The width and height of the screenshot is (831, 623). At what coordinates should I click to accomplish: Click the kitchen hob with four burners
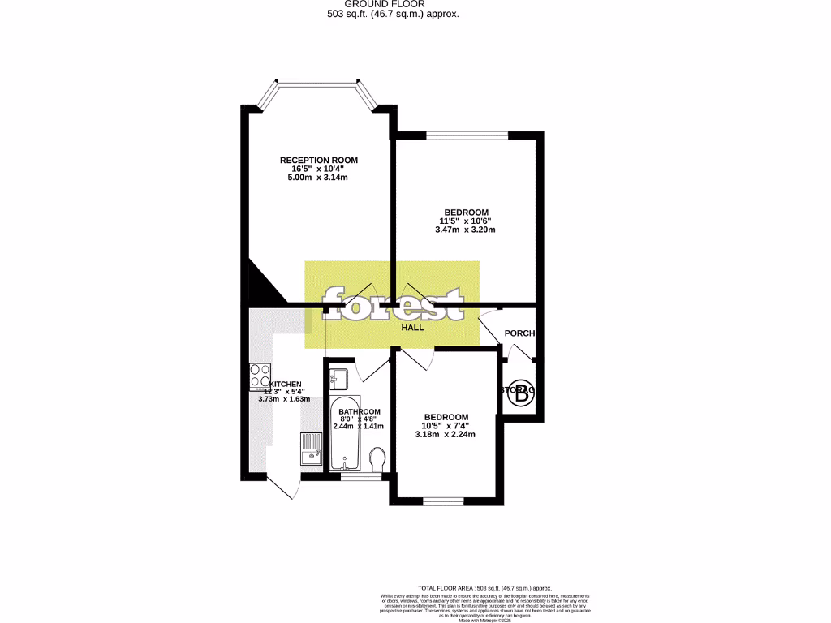(x=260, y=376)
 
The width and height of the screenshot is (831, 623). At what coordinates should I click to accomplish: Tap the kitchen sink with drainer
(x=312, y=450)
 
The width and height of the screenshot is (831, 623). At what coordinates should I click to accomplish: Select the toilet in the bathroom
(x=377, y=459)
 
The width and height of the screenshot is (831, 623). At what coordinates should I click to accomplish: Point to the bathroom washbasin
(x=339, y=378)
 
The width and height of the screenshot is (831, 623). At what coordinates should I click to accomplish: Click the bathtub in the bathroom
(x=345, y=434)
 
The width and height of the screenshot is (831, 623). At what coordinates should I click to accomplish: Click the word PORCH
(x=519, y=333)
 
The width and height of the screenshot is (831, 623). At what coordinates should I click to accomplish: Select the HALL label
(x=413, y=328)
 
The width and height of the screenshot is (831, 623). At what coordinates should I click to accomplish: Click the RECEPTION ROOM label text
(x=318, y=160)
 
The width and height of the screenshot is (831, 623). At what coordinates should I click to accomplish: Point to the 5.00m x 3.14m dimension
(x=318, y=178)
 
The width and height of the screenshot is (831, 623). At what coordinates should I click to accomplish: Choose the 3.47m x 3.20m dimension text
(x=465, y=230)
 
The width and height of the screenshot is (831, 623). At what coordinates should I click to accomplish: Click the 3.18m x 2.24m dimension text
(x=445, y=434)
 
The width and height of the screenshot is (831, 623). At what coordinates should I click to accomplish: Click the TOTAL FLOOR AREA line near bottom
(x=484, y=588)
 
